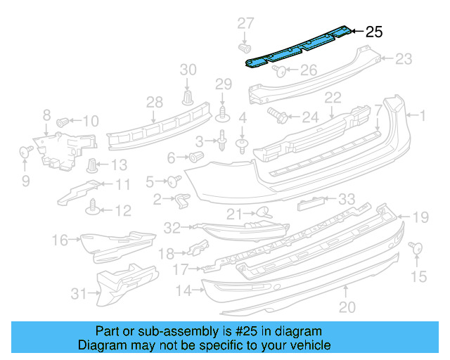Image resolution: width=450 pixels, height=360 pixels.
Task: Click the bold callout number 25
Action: [375, 32]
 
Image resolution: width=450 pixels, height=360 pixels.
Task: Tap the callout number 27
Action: [245, 23]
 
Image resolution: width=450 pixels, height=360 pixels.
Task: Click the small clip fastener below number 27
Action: [246, 49]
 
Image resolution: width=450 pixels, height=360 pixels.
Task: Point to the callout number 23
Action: [403, 60]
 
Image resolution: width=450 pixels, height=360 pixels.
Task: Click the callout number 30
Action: [188, 69]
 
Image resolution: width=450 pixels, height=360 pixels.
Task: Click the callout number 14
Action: [184, 290]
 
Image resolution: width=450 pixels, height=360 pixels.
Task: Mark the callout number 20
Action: [346, 307]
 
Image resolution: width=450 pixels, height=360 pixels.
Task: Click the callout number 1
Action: [423, 114]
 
